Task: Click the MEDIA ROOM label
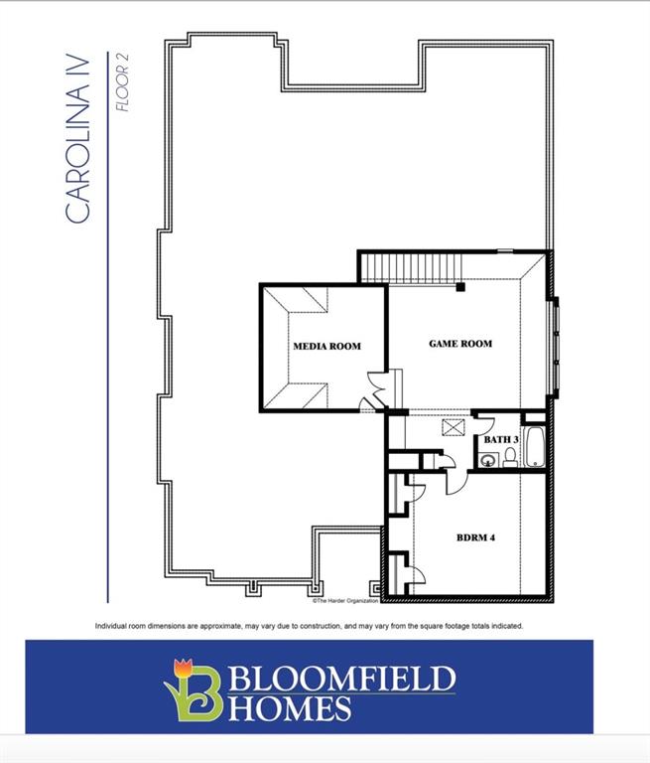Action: (x=326, y=347)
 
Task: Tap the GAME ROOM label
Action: (x=459, y=344)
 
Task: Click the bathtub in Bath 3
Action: (x=533, y=448)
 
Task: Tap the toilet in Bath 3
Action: (x=510, y=457)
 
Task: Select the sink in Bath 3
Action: (x=486, y=459)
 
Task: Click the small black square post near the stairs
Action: (x=460, y=288)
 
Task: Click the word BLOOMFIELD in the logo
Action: (x=343, y=680)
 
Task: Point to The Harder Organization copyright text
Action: (x=346, y=601)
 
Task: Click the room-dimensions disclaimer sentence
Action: (x=309, y=626)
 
